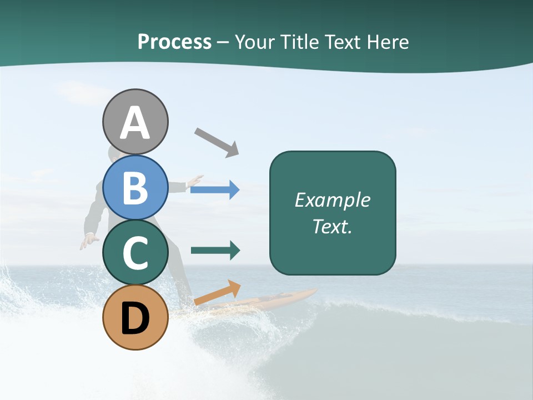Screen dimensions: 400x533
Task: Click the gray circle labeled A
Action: pyautogui.click(x=135, y=122)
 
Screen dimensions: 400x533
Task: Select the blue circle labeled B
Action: pyautogui.click(x=135, y=187)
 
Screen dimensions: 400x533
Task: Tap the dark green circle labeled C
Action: pyautogui.click(x=135, y=252)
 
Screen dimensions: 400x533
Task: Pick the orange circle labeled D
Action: pyautogui.click(x=135, y=317)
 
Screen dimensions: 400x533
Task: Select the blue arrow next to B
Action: pyautogui.click(x=215, y=189)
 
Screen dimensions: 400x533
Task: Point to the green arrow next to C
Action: pyautogui.click(x=215, y=251)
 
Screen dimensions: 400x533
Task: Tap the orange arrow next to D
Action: pyautogui.click(x=218, y=293)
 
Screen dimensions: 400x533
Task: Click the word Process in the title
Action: pyautogui.click(x=174, y=42)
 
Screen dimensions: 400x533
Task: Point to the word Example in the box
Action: pyautogui.click(x=333, y=200)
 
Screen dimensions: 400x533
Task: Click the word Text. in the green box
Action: pyautogui.click(x=333, y=226)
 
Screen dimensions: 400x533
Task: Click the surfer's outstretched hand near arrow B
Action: pyautogui.click(x=194, y=181)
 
